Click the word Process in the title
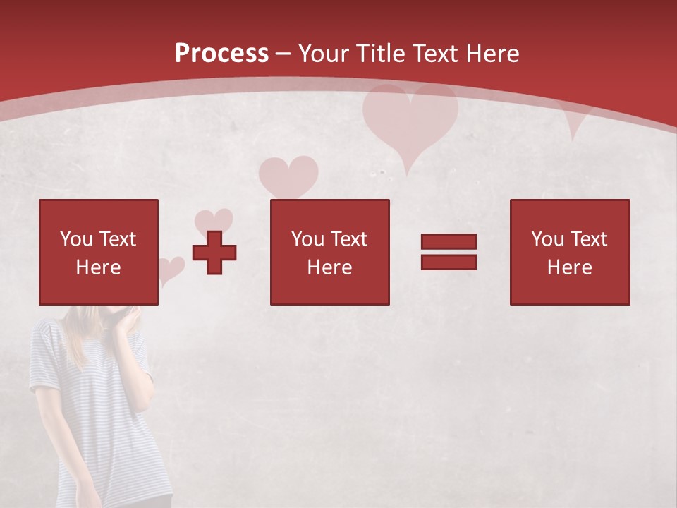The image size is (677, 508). point(221,54)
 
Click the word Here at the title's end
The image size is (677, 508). point(493,54)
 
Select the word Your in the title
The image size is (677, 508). point(324,54)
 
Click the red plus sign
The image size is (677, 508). point(214,253)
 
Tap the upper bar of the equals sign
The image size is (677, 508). point(449,242)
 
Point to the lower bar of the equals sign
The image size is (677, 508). point(449,262)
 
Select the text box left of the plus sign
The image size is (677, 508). point(99,252)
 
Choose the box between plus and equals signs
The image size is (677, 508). point(330,252)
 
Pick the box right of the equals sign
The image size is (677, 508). point(570,252)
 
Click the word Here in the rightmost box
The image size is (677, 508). point(569,267)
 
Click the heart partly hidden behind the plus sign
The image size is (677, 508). point(214,220)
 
